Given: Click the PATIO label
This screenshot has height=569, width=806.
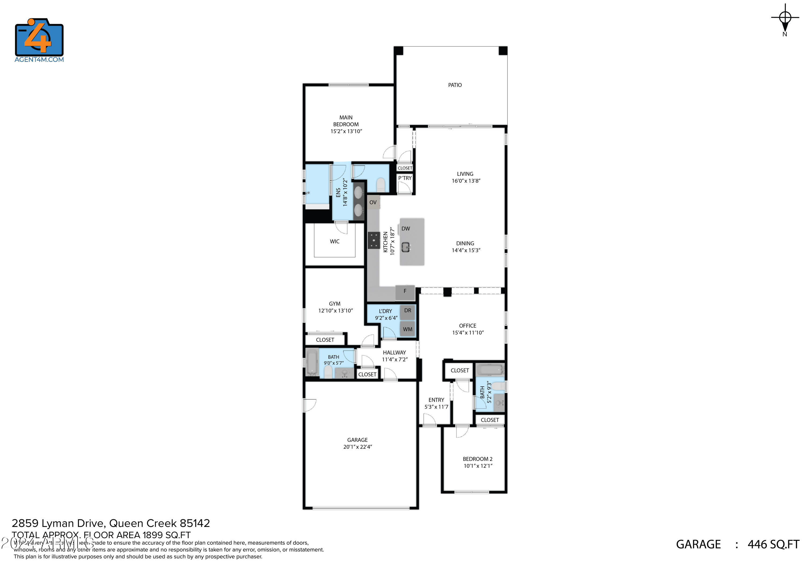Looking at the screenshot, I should pos(455,85).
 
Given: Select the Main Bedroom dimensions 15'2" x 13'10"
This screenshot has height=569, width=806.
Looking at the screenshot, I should pos(346,131).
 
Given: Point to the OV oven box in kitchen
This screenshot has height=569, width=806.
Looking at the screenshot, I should pos(373,202).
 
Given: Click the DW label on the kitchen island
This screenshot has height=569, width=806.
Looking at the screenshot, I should pos(405,229).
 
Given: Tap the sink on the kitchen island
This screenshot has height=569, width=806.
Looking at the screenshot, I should pos(406,247).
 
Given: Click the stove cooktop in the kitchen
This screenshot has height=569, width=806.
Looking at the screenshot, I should pos(374,240).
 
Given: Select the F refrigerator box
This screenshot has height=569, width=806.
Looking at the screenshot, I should pos(405,291).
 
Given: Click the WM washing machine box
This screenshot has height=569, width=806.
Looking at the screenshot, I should pos(407,329).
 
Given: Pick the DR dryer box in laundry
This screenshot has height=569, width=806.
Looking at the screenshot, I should pos(407,311).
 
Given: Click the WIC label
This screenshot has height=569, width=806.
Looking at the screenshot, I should pos(334,241).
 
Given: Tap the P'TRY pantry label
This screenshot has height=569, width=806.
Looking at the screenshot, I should pos(405,178).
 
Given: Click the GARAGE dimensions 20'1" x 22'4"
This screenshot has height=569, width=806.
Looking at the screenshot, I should pos(357,447).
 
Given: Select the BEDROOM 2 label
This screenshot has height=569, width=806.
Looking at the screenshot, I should pos(477,459).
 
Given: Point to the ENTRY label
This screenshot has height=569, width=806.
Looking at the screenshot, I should pos(436,400).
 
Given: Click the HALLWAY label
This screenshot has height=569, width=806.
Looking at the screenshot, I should pos(394,353).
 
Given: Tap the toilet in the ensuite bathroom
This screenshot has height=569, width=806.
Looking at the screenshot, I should pos(380,184).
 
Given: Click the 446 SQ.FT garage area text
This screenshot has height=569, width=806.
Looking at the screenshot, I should pos(773,545).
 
